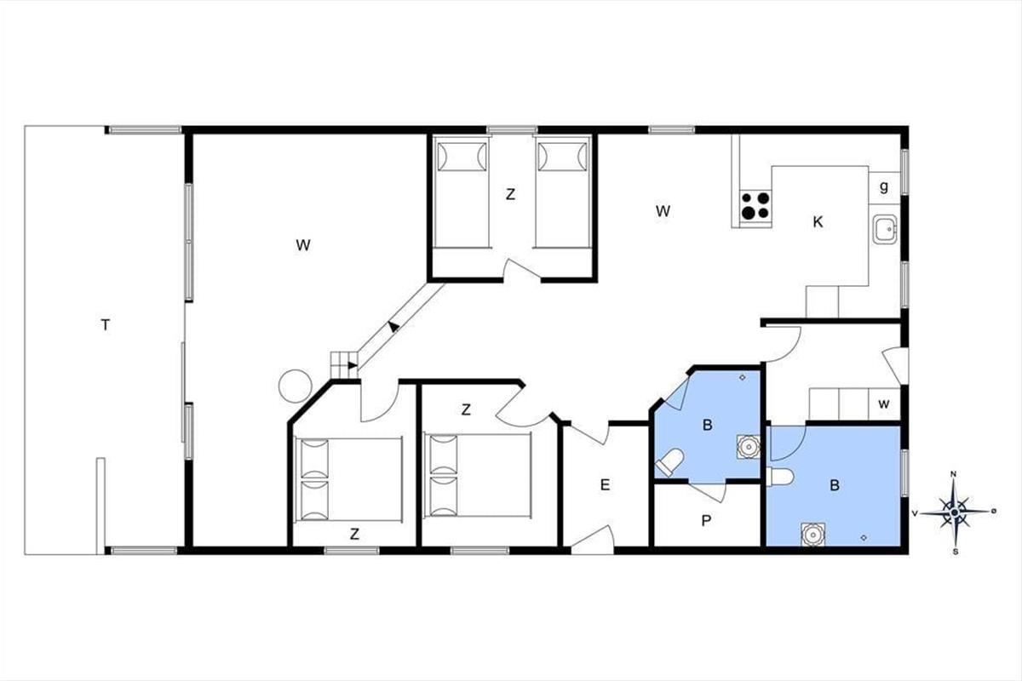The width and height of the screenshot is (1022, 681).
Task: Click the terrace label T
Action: point(106,325)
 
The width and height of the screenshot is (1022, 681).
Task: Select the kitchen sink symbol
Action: point(885,230)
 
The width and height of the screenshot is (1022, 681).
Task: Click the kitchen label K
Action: point(818,222)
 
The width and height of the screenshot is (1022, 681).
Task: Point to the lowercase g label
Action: point(884,186)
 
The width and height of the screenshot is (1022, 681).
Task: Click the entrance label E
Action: point(605,485)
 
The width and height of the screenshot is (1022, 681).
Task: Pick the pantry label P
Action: point(706,520)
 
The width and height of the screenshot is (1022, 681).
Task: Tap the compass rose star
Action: point(954,512)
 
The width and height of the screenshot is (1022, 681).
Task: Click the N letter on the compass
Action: point(953,474)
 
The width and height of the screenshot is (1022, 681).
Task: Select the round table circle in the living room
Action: point(296,386)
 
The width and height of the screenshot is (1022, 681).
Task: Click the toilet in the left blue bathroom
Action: point(669,461)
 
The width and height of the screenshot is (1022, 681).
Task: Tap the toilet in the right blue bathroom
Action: point(781,477)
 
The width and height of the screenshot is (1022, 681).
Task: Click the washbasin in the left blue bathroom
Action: point(749,447)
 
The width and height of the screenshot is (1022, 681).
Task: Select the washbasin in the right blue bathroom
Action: point(812,534)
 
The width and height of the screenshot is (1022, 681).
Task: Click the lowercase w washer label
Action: point(884,403)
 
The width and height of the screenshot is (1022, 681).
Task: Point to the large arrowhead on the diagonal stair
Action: point(393,326)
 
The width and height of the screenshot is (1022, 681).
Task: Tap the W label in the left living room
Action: point(303,245)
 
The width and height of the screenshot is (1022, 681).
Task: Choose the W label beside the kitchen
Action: point(663,211)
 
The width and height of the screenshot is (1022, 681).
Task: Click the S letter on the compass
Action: point(956,552)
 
